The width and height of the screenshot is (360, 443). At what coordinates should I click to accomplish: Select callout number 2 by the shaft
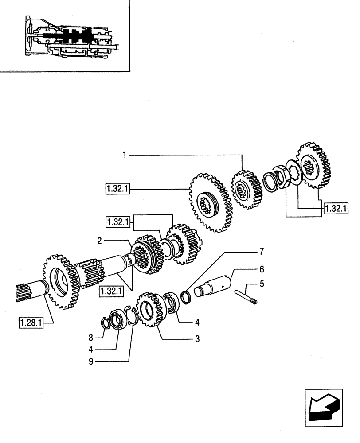[100, 241]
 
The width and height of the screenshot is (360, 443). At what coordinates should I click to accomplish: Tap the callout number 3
[197, 339]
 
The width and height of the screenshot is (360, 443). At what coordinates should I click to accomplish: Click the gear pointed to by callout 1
[247, 190]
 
